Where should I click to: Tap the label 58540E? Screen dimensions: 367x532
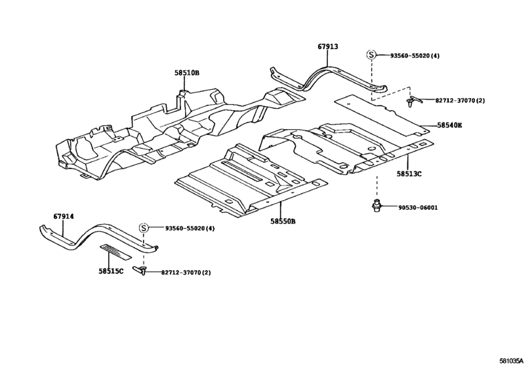point(449,125)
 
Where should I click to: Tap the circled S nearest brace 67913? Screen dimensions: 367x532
point(371,56)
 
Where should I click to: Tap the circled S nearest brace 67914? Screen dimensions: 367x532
point(144,227)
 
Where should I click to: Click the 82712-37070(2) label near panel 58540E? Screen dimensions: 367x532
point(460,100)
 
